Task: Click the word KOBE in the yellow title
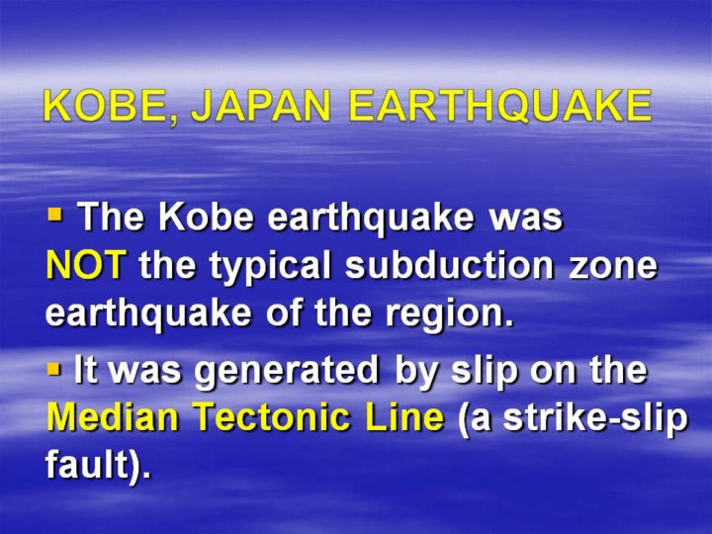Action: [x=107, y=106]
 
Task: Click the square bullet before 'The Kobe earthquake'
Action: [x=54, y=214]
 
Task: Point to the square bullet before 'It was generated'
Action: [x=53, y=369]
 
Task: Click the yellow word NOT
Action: [x=85, y=265]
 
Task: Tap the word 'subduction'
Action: [x=450, y=264]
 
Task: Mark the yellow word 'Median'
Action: [x=113, y=417]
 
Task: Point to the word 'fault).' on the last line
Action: [x=98, y=465]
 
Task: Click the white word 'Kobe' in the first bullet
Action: [x=206, y=217]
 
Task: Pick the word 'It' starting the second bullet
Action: [x=86, y=370]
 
